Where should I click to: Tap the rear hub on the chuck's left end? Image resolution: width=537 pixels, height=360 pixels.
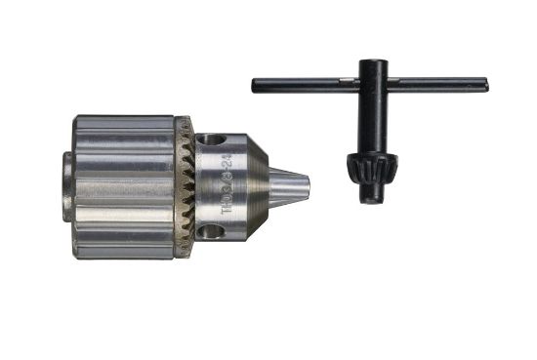(67, 186)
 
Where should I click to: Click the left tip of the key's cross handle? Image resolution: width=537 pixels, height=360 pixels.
(256, 85)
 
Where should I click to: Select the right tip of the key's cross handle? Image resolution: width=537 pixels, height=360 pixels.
(484, 85)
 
